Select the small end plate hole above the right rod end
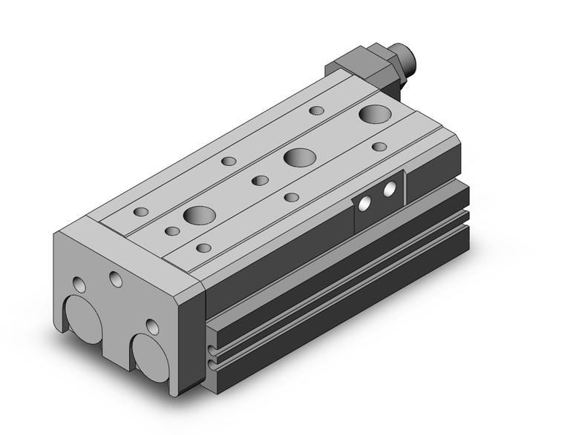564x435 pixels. tap(152, 326)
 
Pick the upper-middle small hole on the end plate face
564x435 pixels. tap(115, 279)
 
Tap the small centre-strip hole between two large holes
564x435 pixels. tap(259, 180)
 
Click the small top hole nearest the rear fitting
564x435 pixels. tap(317, 110)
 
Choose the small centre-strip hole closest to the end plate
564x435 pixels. tap(172, 232)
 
